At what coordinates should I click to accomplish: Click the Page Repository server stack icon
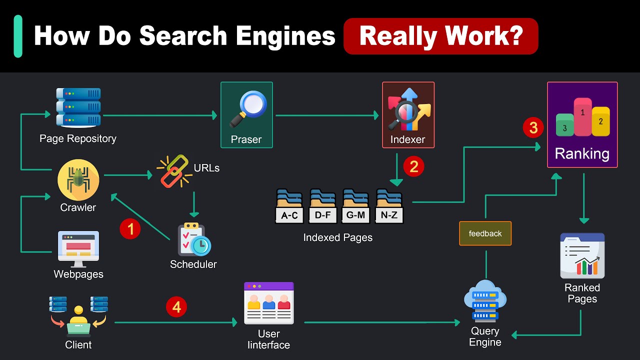pyautogui.click(x=78, y=107)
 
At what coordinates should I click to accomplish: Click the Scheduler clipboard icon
pyautogui.click(x=194, y=239)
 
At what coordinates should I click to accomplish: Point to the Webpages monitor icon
pyautogui.click(x=78, y=248)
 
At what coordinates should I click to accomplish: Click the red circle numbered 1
pyautogui.click(x=130, y=229)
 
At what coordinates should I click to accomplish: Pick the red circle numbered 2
pyautogui.click(x=413, y=166)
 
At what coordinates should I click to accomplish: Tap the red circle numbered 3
pyautogui.click(x=533, y=128)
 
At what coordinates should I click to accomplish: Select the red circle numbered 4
pyautogui.click(x=176, y=307)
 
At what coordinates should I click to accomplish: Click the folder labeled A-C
pyautogui.click(x=289, y=206)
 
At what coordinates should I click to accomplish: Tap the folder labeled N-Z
pyautogui.click(x=389, y=206)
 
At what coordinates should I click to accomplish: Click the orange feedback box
pyautogui.click(x=485, y=233)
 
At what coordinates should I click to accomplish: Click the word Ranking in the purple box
pyautogui.click(x=582, y=153)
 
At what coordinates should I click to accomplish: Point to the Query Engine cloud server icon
pyautogui.click(x=485, y=301)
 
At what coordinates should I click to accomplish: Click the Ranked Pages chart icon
pyautogui.click(x=582, y=255)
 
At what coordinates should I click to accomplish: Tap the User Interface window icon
pyautogui.click(x=269, y=303)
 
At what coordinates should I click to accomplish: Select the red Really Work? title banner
pyautogui.click(x=440, y=36)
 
